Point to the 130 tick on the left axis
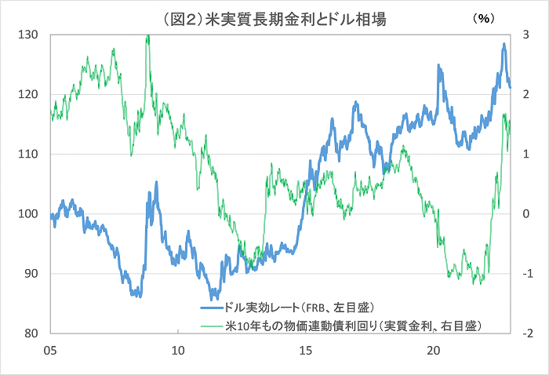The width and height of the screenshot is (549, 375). [28, 35]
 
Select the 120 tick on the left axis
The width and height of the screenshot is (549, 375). [28, 95]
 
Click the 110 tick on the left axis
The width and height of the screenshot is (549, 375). [28, 155]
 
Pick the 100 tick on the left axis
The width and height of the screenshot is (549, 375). [28, 214]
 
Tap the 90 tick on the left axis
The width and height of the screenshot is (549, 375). [30, 274]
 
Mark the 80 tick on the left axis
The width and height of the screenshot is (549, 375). [30, 333]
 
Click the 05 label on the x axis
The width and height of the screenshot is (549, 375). [50, 351]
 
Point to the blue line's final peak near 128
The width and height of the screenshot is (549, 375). [504, 45]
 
